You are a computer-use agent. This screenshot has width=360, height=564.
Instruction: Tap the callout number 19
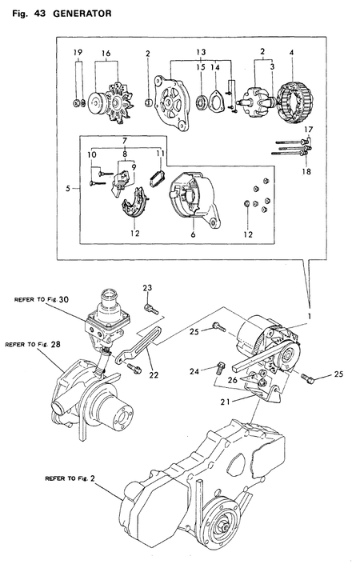click(78, 54)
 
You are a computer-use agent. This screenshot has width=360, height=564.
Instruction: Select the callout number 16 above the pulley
click(105, 54)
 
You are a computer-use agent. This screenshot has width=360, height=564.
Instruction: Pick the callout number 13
click(198, 54)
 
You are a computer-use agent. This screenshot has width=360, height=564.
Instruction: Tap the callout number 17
click(310, 130)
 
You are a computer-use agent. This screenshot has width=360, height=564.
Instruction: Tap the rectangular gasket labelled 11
click(158, 174)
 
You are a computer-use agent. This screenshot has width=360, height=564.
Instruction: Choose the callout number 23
click(147, 288)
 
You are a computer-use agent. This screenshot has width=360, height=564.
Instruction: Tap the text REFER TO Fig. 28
click(33, 345)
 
